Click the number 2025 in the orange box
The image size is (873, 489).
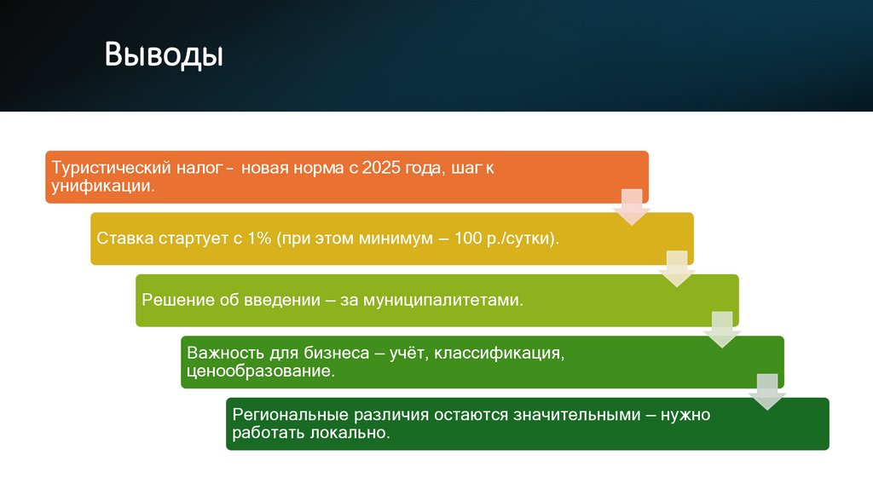[x=381, y=168]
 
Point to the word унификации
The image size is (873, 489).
[x=103, y=186]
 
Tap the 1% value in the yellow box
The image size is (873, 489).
[x=259, y=238]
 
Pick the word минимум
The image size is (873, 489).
[x=396, y=239]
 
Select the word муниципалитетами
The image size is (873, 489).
[x=443, y=301]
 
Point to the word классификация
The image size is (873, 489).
[x=500, y=354]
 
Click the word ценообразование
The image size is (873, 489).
[x=261, y=371]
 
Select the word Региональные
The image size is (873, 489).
[x=290, y=415]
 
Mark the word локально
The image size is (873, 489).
[x=350, y=433]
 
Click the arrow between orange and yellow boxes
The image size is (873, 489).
[x=632, y=207]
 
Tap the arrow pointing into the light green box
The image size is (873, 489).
[x=677, y=268]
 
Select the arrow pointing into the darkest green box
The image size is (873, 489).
[x=767, y=392]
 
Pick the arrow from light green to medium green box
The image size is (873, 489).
[x=722, y=330]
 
